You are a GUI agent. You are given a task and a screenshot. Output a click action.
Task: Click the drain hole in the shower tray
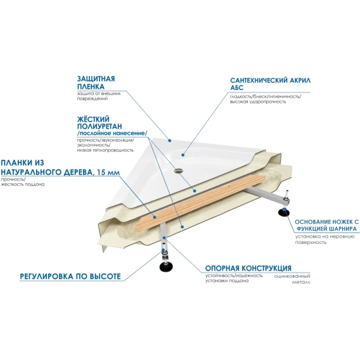point(178,170)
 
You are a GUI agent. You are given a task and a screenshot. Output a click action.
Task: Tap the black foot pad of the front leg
point(166,266)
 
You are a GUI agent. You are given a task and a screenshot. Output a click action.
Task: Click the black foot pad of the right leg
point(284,213)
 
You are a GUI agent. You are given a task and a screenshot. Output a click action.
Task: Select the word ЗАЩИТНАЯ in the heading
point(96,79)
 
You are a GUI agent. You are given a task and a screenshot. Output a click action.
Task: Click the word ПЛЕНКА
point(91,87)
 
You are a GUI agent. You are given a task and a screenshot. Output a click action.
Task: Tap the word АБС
point(236,87)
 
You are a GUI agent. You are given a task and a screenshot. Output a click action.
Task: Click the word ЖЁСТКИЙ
point(93,119)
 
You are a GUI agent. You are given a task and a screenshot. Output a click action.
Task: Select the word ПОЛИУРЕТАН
point(100,127)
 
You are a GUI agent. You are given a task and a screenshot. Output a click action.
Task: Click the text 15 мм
point(108,172)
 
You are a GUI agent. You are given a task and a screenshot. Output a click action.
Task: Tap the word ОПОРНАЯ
point(222,268)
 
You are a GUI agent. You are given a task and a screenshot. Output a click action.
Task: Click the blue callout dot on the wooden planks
point(155,217)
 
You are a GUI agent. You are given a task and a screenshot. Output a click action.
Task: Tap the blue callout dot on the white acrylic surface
point(183,155)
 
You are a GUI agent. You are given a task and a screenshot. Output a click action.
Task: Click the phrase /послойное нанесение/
point(112,133)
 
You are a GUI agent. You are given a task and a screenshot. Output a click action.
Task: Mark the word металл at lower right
point(301,282)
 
